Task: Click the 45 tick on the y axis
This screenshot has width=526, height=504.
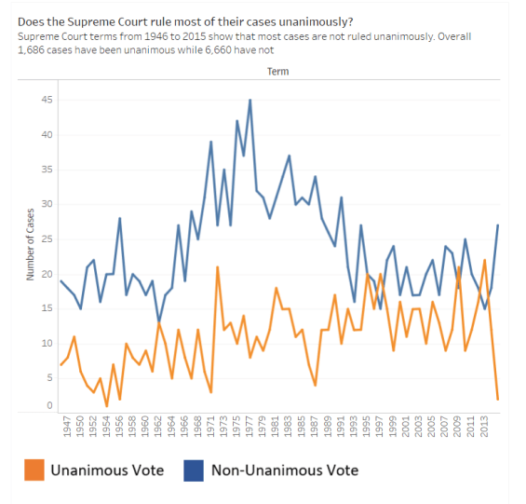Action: pos(47,101)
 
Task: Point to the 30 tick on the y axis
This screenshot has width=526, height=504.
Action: pos(47,204)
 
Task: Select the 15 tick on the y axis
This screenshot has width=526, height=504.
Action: pos(47,308)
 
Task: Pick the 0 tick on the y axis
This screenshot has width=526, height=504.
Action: pos(49,406)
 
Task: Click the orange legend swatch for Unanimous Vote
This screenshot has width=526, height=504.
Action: pos(34,470)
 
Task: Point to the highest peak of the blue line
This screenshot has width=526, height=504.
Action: pos(250,100)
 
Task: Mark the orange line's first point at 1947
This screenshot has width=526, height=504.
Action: pos(61,364)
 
